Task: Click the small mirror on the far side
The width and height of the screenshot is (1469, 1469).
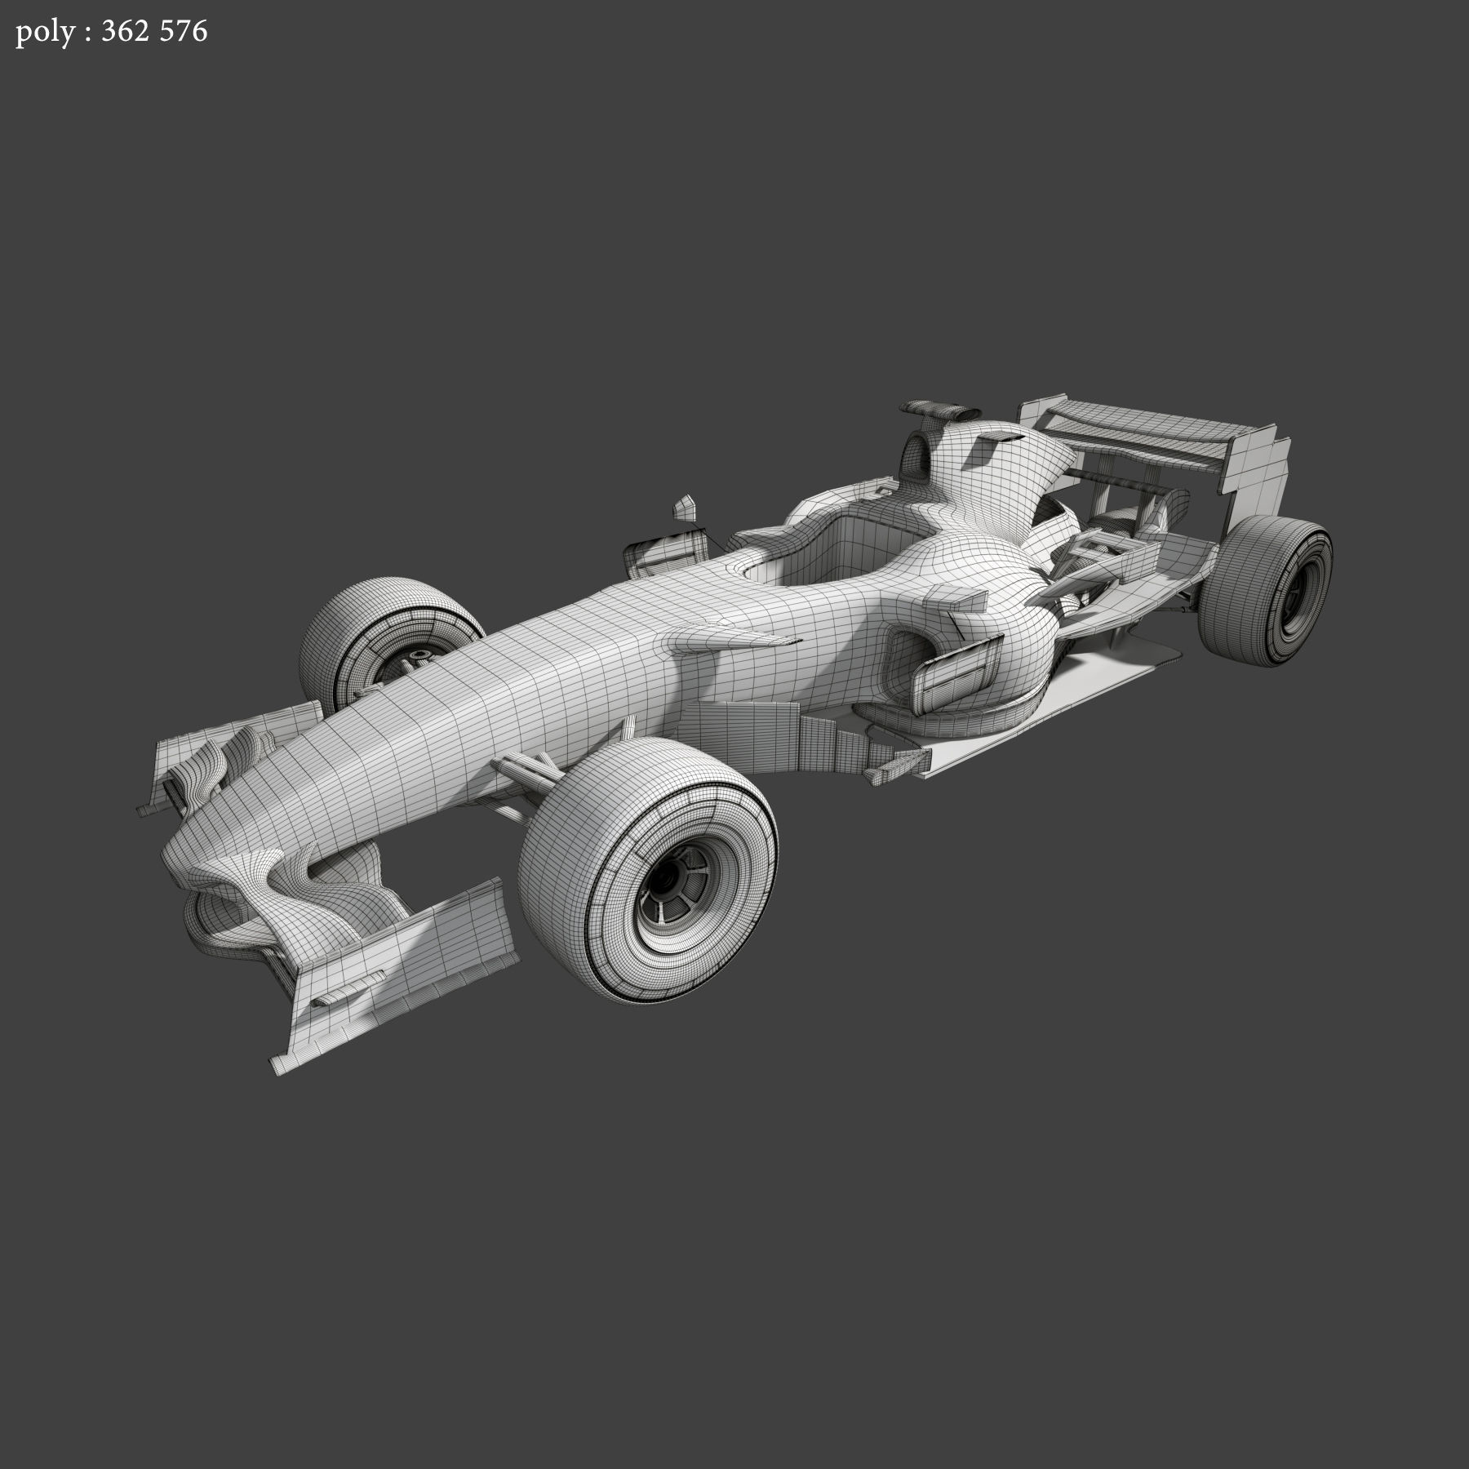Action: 684,508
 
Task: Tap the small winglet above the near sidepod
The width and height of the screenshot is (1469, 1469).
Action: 955,600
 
